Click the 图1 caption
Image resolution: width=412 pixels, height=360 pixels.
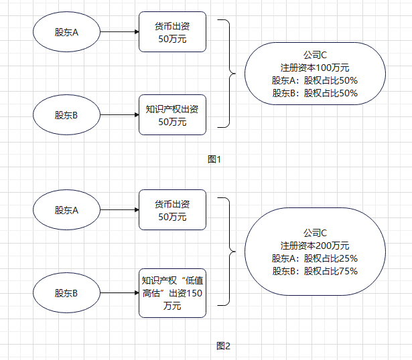click(214, 159)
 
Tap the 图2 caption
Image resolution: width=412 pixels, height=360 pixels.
click(223, 346)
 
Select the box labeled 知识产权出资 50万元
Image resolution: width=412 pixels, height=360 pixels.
click(172, 115)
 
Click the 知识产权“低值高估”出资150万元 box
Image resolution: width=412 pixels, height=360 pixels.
click(172, 292)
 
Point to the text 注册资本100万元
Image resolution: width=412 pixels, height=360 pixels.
click(315, 68)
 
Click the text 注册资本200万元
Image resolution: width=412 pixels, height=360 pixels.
click(315, 246)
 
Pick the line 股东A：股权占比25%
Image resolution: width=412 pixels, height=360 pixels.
click(315, 258)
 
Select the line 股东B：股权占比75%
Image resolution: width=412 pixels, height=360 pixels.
click(315, 271)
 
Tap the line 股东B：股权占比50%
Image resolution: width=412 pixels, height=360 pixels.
click(315, 93)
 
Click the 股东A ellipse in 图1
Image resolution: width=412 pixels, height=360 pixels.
click(66, 31)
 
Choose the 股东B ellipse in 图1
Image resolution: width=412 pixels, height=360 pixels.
click(66, 115)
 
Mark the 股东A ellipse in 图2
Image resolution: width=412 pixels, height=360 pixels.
click(66, 210)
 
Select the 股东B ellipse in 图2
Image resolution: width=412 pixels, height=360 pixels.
click(66, 292)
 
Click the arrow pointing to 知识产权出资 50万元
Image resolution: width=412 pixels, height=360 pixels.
click(119, 115)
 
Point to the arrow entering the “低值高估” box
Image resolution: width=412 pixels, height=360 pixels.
click(119, 292)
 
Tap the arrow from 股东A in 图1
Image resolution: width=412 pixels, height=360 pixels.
click(119, 31)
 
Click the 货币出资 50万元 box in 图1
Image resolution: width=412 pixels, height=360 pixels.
click(172, 31)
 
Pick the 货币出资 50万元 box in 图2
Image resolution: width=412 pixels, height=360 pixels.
click(172, 210)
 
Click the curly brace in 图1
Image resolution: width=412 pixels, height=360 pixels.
click(228, 74)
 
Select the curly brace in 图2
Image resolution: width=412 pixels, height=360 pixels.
click(228, 252)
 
